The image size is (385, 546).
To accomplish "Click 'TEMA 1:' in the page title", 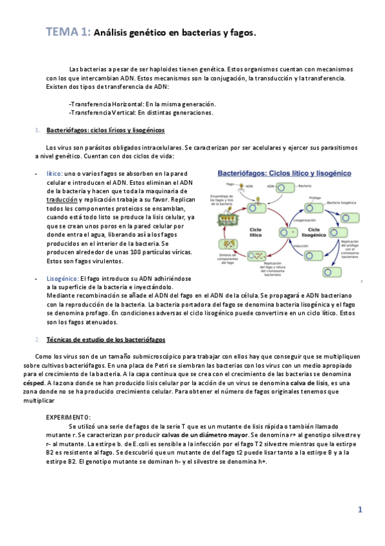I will coord(67,32).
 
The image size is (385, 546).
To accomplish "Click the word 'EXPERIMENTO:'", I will coord(68,418).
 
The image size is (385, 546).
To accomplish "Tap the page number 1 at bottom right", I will coord(360,510).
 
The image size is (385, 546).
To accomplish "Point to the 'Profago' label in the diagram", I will coord(315,198).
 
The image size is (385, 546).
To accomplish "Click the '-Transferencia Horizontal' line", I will coord(141,104).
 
